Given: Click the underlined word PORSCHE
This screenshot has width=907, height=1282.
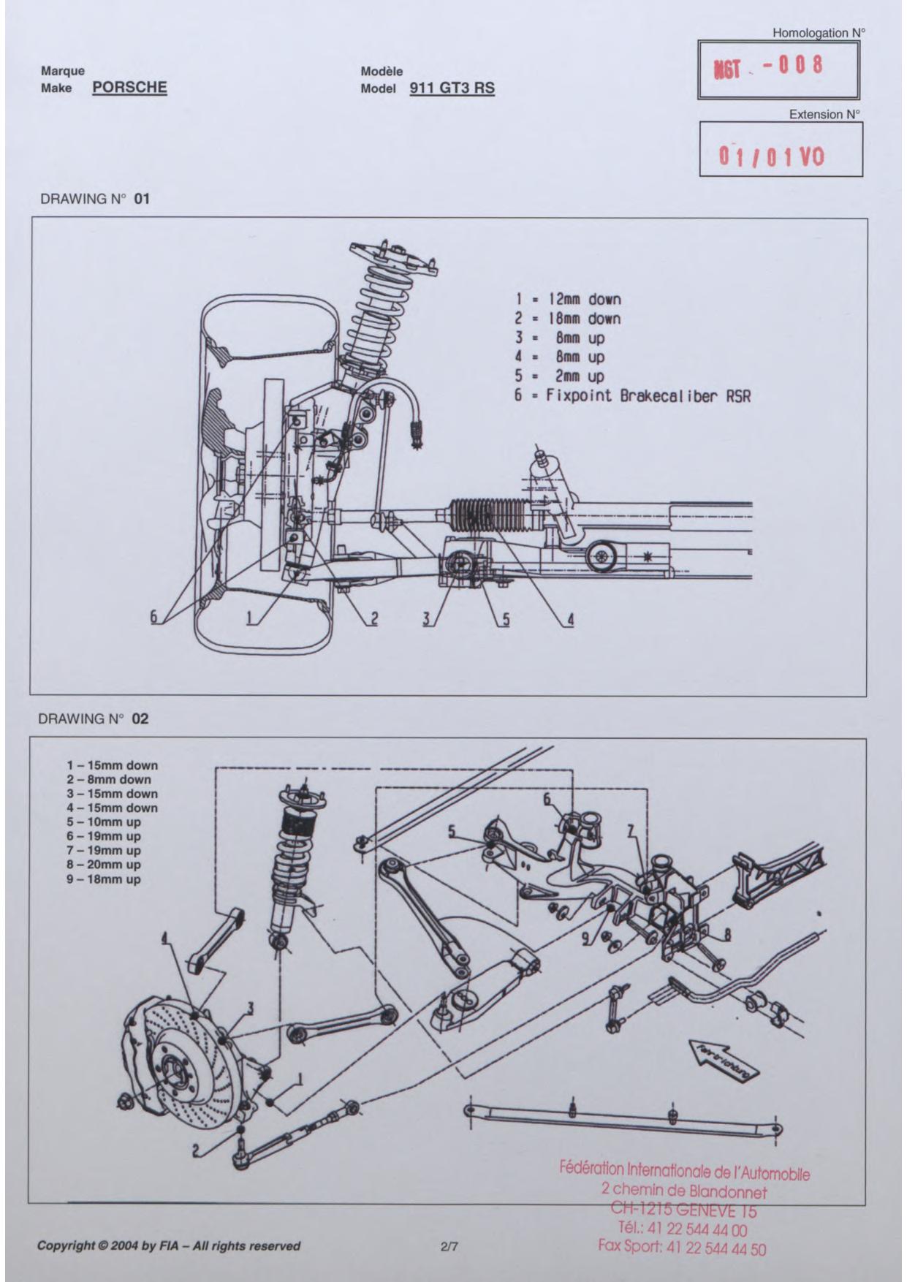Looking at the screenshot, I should (130, 88).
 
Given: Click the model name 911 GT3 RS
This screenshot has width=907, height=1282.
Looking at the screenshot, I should (452, 88).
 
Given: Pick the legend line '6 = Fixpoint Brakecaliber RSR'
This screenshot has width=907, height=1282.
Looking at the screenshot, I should (633, 396).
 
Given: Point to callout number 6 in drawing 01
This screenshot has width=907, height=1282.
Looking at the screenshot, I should (154, 617).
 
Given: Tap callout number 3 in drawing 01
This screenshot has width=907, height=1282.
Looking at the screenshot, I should (426, 619).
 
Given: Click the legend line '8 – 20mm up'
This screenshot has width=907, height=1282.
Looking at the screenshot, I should (104, 865).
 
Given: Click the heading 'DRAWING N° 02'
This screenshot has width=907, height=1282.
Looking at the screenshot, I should (94, 718).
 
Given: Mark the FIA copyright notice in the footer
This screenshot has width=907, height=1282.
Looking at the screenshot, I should (169, 1245).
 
